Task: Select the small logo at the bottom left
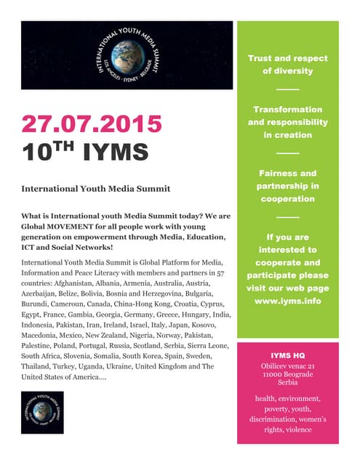[42, 413]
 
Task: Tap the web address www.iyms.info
[287, 300]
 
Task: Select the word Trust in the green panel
[262, 57]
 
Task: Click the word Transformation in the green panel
[287, 109]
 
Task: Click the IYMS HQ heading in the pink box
[287, 355]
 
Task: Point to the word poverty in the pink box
[273, 409]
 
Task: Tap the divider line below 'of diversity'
[287, 90]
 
